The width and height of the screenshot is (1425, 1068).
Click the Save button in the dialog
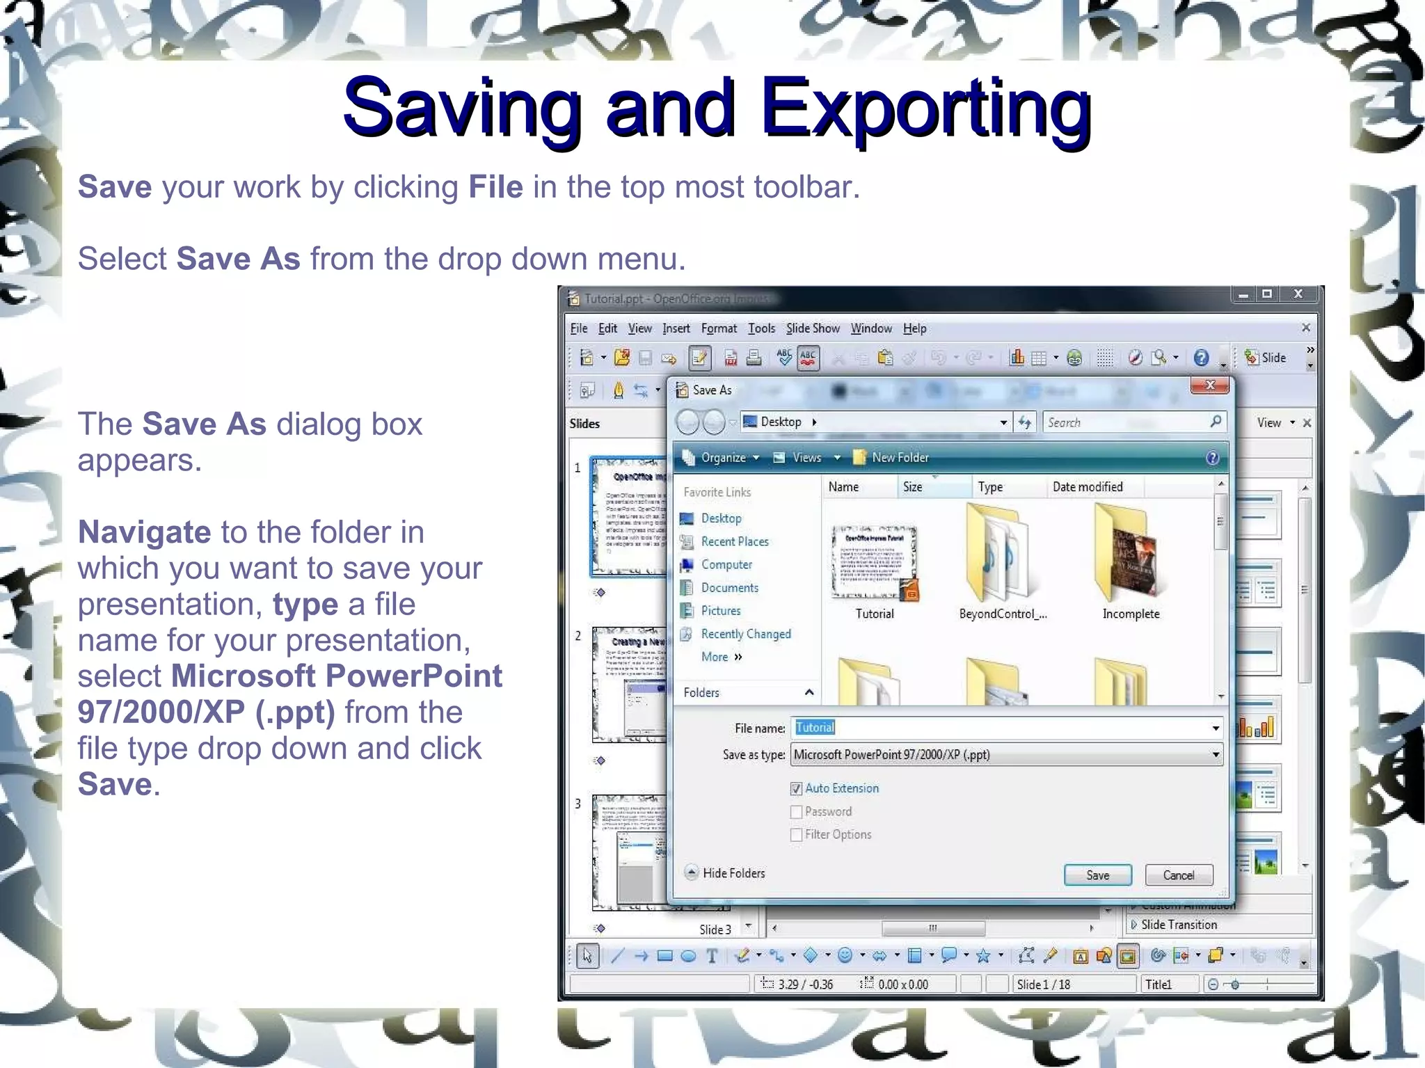click(1097, 875)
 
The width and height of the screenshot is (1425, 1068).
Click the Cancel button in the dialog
click(1178, 875)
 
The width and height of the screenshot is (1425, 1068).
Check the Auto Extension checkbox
click(797, 788)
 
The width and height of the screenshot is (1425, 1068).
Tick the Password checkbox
click(797, 812)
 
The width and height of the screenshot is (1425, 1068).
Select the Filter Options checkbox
click(797, 835)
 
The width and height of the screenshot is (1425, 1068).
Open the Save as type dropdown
click(1215, 755)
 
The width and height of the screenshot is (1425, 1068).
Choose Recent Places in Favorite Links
click(734, 541)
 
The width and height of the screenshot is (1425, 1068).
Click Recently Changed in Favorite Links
click(745, 634)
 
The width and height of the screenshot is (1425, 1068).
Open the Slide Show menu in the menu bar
click(813, 328)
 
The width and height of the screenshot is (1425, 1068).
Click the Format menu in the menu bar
click(718, 328)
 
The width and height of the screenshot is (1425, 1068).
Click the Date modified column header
click(1087, 487)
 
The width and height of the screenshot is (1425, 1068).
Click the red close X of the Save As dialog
click(1209, 385)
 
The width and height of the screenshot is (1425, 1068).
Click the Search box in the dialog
click(1127, 422)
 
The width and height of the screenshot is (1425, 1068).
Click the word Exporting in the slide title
click(925, 108)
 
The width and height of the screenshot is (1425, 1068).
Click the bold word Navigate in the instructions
click(144, 532)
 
